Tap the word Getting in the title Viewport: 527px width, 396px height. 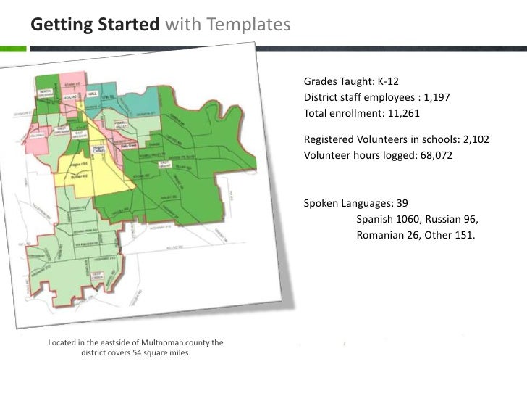[57, 25]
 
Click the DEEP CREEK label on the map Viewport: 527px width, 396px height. [98, 276]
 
